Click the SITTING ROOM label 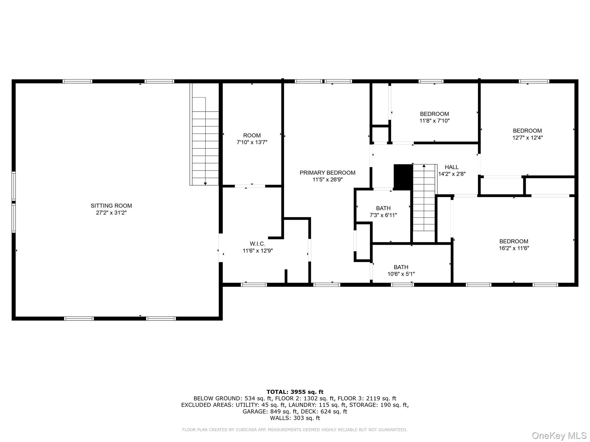tap(111, 206)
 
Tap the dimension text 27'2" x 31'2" tap(111, 213)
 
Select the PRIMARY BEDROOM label tap(327, 173)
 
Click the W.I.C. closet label tap(257, 244)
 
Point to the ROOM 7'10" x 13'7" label tap(252, 136)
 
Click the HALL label tap(451, 167)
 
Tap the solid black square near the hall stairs tap(403, 177)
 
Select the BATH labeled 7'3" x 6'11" tap(383, 208)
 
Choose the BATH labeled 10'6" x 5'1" tap(401, 267)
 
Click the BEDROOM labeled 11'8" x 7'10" tap(434, 114)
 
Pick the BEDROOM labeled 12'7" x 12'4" tap(527, 131)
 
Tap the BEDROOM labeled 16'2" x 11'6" tap(514, 241)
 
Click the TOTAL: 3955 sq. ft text tap(295, 392)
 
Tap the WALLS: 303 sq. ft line tap(295, 418)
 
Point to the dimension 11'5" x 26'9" tap(327, 180)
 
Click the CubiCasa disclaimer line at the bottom tap(294, 430)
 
